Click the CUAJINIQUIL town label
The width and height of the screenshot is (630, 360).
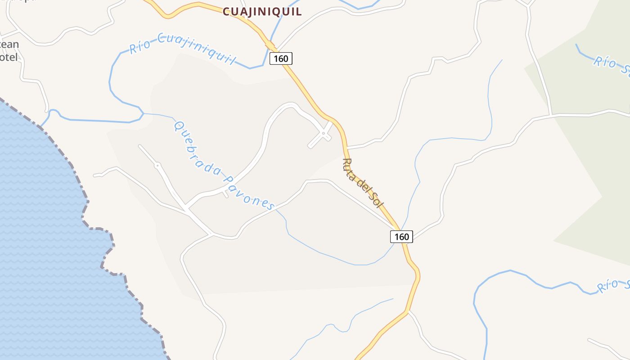point(262,12)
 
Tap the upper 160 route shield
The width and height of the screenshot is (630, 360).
point(281,58)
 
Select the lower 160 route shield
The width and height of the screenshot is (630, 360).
point(401,237)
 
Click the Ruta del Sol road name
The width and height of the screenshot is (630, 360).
point(363,183)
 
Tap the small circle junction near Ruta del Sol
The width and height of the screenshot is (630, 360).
point(324,133)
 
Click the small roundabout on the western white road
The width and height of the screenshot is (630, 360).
point(157,166)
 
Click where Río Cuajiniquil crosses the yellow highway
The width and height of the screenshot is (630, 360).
point(270,44)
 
